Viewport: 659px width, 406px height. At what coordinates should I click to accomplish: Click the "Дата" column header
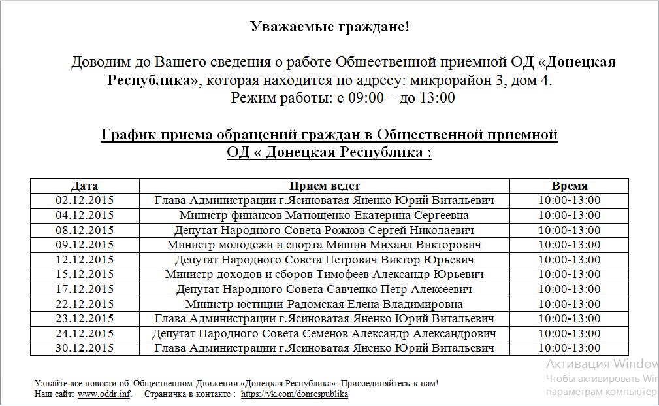click(85, 186)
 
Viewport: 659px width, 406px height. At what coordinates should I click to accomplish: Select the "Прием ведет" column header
click(324, 186)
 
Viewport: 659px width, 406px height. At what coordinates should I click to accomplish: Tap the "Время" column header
click(569, 186)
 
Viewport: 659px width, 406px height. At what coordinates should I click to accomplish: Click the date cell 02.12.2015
click(85, 201)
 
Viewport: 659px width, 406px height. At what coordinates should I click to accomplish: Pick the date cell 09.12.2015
click(85, 245)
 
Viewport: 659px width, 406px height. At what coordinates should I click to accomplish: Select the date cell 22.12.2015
click(85, 304)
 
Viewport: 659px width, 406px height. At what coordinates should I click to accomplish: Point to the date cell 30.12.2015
click(85, 348)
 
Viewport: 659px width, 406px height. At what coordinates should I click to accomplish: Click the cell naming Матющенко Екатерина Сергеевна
click(324, 215)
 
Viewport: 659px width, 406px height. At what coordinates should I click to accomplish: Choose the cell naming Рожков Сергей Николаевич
click(324, 230)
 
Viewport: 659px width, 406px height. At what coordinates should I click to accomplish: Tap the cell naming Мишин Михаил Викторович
click(324, 245)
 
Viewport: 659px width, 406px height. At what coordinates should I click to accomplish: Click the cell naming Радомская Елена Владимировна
click(324, 304)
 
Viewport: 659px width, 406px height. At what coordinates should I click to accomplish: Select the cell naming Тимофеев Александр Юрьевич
click(324, 275)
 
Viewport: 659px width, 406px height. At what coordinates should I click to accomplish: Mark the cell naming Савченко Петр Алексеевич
click(324, 290)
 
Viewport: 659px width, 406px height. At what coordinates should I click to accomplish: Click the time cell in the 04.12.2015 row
click(569, 215)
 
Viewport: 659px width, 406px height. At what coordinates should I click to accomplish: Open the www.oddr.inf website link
click(104, 395)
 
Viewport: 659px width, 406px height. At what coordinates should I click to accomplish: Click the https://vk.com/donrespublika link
click(295, 395)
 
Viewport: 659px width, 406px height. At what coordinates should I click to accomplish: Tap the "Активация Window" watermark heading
click(602, 364)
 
